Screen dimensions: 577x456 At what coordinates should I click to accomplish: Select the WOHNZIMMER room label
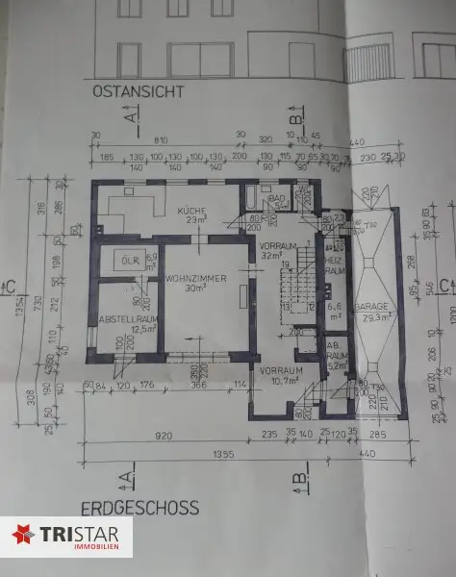[x=196, y=277]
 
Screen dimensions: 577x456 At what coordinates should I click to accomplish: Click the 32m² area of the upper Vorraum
[x=271, y=257]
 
